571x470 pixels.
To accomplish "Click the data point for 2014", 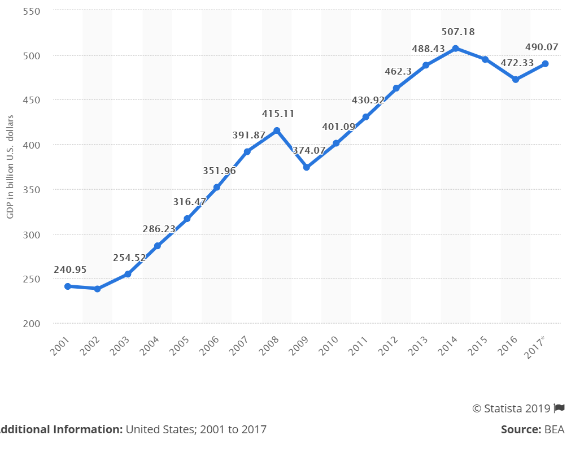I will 455,49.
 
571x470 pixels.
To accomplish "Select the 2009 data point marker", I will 306,167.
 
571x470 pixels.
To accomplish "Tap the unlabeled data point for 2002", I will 97,289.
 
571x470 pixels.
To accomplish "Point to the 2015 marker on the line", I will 485,59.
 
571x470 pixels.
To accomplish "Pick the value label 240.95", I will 70,269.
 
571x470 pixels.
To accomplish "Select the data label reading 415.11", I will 278,114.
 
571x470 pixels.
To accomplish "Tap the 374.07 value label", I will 309,150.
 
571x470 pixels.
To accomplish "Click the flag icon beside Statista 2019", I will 559,408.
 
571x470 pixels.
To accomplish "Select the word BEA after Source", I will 554,429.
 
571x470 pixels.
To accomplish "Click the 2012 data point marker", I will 396,88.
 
